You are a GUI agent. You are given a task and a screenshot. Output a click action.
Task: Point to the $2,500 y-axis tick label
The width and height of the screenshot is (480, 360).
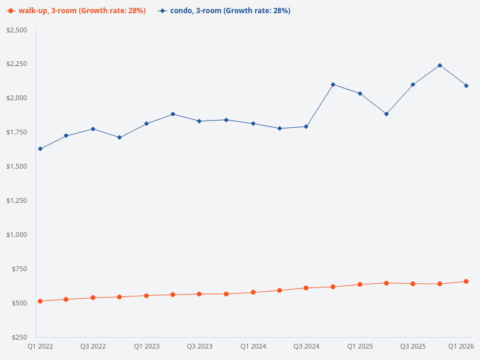17,30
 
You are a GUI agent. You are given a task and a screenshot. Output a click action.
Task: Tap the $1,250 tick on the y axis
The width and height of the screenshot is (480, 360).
17,200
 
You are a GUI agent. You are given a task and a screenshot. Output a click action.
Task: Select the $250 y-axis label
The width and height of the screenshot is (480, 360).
19,337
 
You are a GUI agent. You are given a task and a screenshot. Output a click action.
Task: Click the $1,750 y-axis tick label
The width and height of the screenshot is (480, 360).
17,132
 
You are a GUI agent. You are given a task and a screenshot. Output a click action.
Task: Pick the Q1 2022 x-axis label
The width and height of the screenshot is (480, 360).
40,347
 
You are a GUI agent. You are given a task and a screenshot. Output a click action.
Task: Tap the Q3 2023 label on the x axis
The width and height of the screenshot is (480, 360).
200,347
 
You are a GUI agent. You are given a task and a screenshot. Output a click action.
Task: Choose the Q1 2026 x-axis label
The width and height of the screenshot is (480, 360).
461,347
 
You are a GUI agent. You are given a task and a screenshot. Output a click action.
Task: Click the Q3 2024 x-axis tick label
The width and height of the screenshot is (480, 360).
306,347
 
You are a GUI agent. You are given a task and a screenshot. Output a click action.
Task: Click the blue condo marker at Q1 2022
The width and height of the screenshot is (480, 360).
40,149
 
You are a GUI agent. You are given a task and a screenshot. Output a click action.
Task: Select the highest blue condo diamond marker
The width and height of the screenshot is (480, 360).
440,65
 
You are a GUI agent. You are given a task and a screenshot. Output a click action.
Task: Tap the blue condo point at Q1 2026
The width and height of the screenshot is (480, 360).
466,86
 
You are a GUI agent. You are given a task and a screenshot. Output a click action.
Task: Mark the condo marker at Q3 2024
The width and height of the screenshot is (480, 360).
306,127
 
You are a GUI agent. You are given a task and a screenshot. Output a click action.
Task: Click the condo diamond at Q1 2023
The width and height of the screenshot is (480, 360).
146,124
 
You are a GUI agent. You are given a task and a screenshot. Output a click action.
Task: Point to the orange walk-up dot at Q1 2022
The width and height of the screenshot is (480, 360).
40,301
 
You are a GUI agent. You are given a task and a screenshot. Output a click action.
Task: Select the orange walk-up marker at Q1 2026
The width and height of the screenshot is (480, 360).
466,281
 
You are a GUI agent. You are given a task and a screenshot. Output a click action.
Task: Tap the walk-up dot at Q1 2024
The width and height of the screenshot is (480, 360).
253,292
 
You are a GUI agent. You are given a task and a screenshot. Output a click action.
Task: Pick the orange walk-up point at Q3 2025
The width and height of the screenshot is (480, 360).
413,284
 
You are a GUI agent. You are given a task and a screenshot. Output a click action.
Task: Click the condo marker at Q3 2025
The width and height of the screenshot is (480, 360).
413,85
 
